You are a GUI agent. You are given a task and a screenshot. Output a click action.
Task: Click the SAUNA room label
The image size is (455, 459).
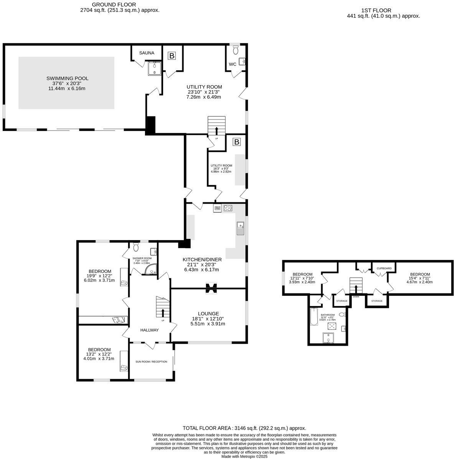[147, 53]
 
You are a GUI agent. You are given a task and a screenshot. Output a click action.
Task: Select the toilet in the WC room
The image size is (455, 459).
[236, 50]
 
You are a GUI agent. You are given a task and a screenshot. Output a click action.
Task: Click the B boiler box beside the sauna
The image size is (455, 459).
[172, 56]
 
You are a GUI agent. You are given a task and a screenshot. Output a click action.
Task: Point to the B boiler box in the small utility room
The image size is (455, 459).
[237, 142]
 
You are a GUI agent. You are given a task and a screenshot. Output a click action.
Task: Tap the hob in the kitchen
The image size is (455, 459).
[228, 208]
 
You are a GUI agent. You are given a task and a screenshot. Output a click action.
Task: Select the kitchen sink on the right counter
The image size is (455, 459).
[241, 227]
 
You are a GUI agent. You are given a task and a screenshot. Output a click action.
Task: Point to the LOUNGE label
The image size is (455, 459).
[208, 313]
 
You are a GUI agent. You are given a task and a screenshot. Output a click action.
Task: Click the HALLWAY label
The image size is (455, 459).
[149, 330]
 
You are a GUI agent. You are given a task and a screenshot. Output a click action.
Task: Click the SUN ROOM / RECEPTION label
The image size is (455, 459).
[151, 361]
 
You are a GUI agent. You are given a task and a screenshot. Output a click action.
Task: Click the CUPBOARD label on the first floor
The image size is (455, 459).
[384, 268]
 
